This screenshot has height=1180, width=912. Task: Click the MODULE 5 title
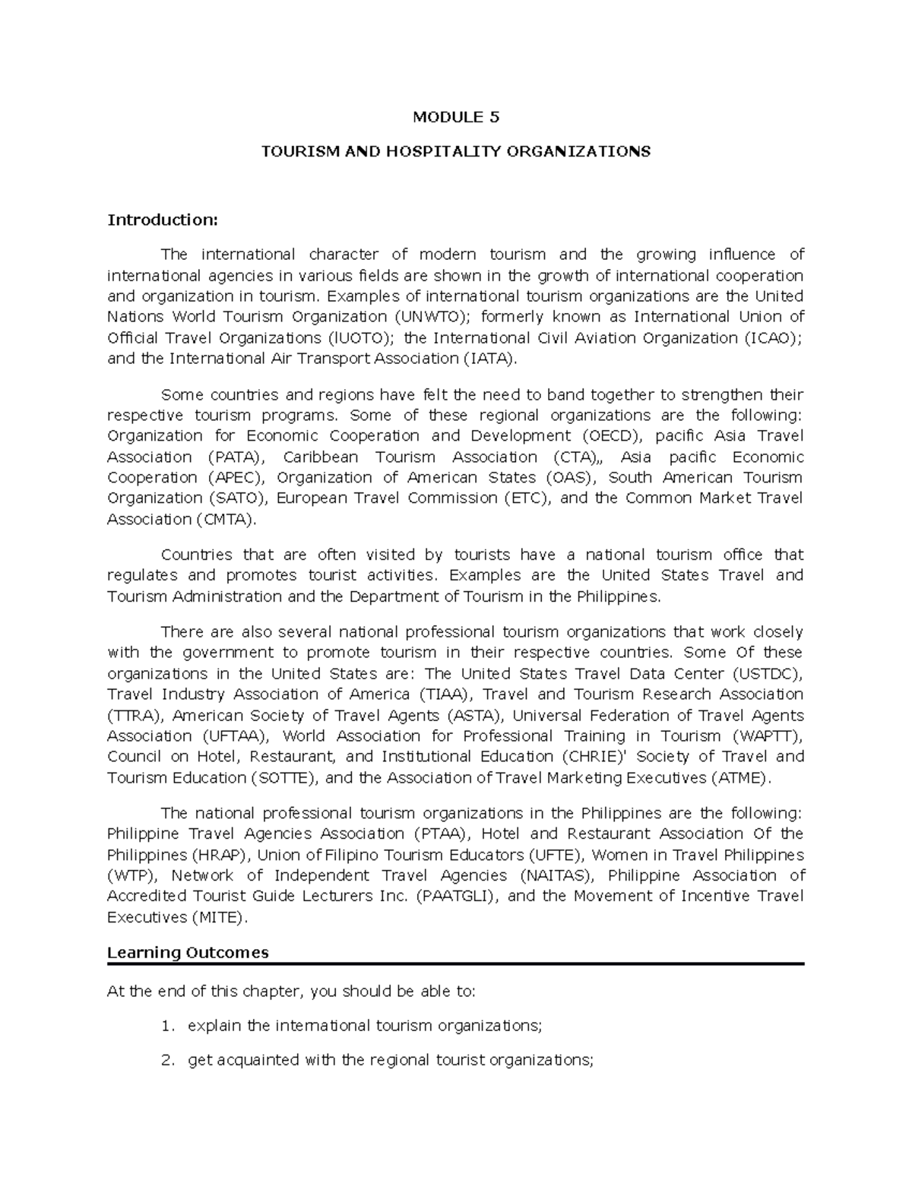(456, 117)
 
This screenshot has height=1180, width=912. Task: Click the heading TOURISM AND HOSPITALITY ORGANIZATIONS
(456, 151)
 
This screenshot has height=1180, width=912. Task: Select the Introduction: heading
(163, 220)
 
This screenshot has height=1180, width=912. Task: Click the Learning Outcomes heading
(188, 953)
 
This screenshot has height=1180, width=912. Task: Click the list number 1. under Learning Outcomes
(168, 1026)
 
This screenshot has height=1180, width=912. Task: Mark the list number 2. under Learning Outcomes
(168, 1061)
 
